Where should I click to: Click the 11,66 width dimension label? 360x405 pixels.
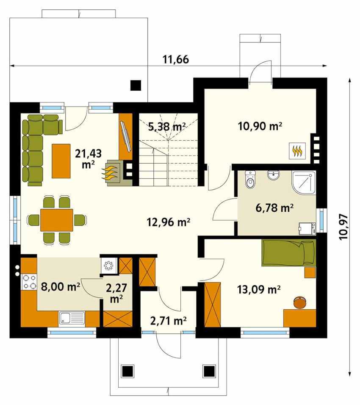pos(176,59)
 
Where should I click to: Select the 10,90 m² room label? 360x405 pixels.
pos(260,126)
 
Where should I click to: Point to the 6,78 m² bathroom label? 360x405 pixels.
pos(274,207)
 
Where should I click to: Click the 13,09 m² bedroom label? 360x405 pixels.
pos(259,289)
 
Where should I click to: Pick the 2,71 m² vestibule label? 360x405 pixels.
pos(168,321)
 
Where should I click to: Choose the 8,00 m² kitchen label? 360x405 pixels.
pos(61,286)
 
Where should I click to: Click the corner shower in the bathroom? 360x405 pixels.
pos(304,182)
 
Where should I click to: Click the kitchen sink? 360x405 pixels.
pos(72,318)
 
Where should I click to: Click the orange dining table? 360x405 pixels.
pos(57,219)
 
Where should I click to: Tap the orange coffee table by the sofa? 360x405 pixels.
pos(61,161)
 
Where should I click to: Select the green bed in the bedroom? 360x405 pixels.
pos(289,253)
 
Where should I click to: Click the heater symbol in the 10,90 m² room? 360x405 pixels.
pos(297,151)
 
